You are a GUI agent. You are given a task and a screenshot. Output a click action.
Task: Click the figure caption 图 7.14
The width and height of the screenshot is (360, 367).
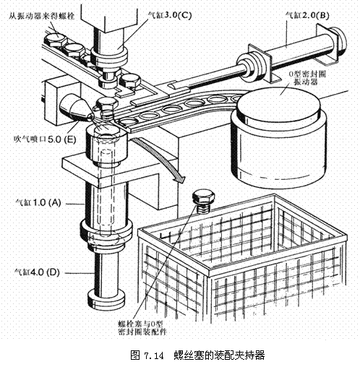[x=180, y=356]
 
